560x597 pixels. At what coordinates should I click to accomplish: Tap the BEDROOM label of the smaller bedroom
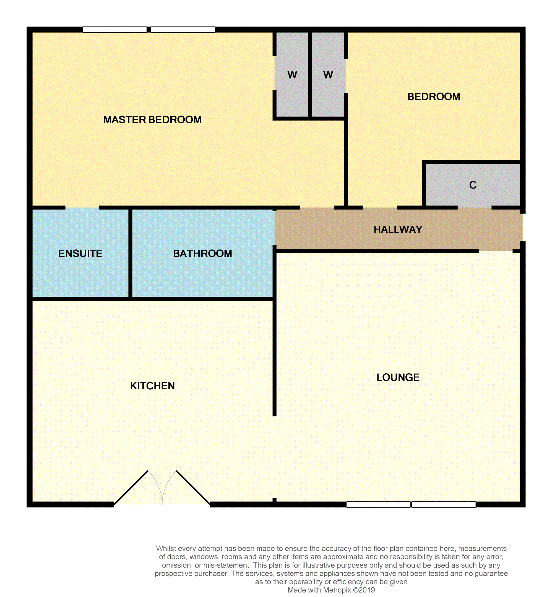(x=434, y=97)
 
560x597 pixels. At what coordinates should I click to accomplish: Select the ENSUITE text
(x=80, y=254)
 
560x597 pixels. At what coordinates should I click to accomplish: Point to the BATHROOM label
(x=202, y=254)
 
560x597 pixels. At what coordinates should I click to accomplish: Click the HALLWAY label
(x=398, y=230)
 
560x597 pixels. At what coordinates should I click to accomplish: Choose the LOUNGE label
(x=398, y=377)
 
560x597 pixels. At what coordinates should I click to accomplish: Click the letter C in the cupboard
(x=473, y=185)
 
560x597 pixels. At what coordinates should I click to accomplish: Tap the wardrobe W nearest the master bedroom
(x=292, y=75)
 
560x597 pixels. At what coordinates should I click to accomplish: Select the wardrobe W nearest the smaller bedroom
(x=328, y=75)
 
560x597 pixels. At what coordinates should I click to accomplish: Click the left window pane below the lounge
(x=378, y=505)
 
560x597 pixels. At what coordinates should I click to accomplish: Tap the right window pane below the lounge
(x=444, y=505)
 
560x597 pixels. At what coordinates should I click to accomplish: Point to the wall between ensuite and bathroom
(x=130, y=253)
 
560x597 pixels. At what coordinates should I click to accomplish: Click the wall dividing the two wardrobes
(x=310, y=74)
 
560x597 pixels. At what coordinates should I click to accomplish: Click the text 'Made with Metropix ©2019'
(x=331, y=590)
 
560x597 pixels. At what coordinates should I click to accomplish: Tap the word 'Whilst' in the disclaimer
(x=165, y=549)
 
